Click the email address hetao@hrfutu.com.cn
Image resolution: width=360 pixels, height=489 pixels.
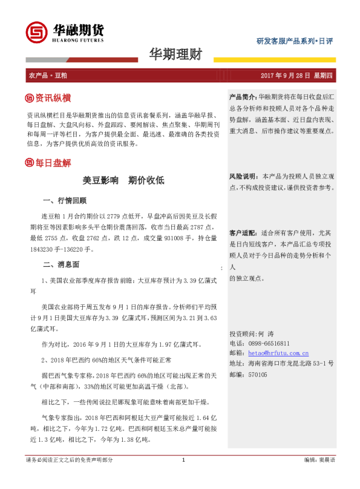(270, 353)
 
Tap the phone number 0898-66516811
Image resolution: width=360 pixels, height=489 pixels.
(269, 343)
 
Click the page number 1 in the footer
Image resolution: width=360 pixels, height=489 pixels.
(183, 477)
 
